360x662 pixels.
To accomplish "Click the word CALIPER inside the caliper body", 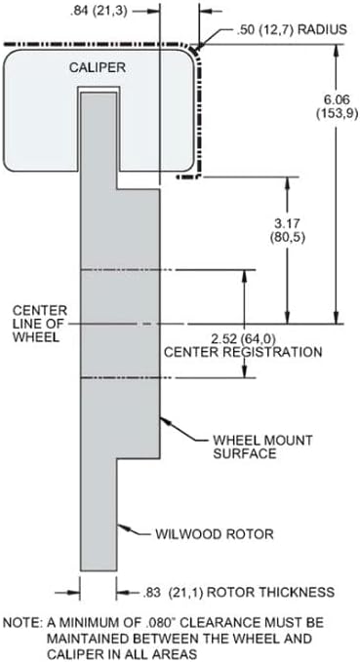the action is pos(98,67).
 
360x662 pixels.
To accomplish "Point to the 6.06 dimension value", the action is pos(338,100).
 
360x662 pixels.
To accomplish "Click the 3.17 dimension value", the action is pos(288,222).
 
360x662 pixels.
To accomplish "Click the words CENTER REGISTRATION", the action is pos(243,352).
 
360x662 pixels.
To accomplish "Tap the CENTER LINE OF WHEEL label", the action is pos(40,324).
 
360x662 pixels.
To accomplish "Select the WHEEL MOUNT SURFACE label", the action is pos(262,447).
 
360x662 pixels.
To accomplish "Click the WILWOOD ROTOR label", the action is pos(215,533).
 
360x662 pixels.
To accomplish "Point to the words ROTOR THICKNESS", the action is pos(269,592).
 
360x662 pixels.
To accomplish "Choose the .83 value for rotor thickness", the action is pos(151,593).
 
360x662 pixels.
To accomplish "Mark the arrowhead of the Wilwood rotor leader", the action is pos(122,526).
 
